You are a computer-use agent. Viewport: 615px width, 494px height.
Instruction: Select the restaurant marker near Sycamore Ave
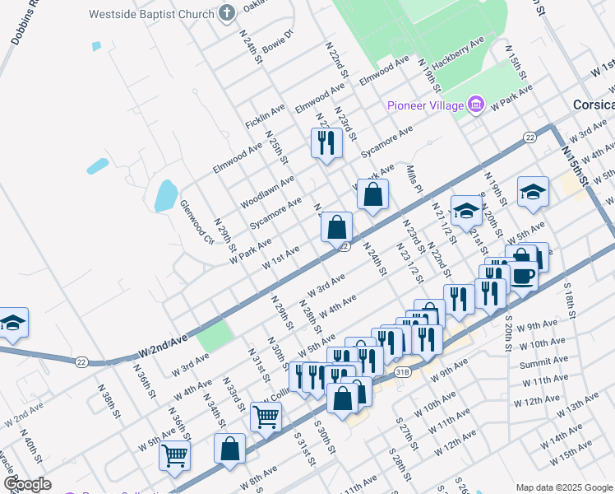(x=326, y=142)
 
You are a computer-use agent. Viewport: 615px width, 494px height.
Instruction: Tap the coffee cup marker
(x=522, y=276)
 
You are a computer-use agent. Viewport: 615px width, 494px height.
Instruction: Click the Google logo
(x=27, y=484)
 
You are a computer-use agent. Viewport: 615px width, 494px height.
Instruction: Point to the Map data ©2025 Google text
(x=564, y=487)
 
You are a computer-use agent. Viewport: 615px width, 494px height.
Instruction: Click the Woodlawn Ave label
(x=266, y=191)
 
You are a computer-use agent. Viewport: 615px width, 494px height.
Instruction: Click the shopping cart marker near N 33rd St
(x=266, y=417)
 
